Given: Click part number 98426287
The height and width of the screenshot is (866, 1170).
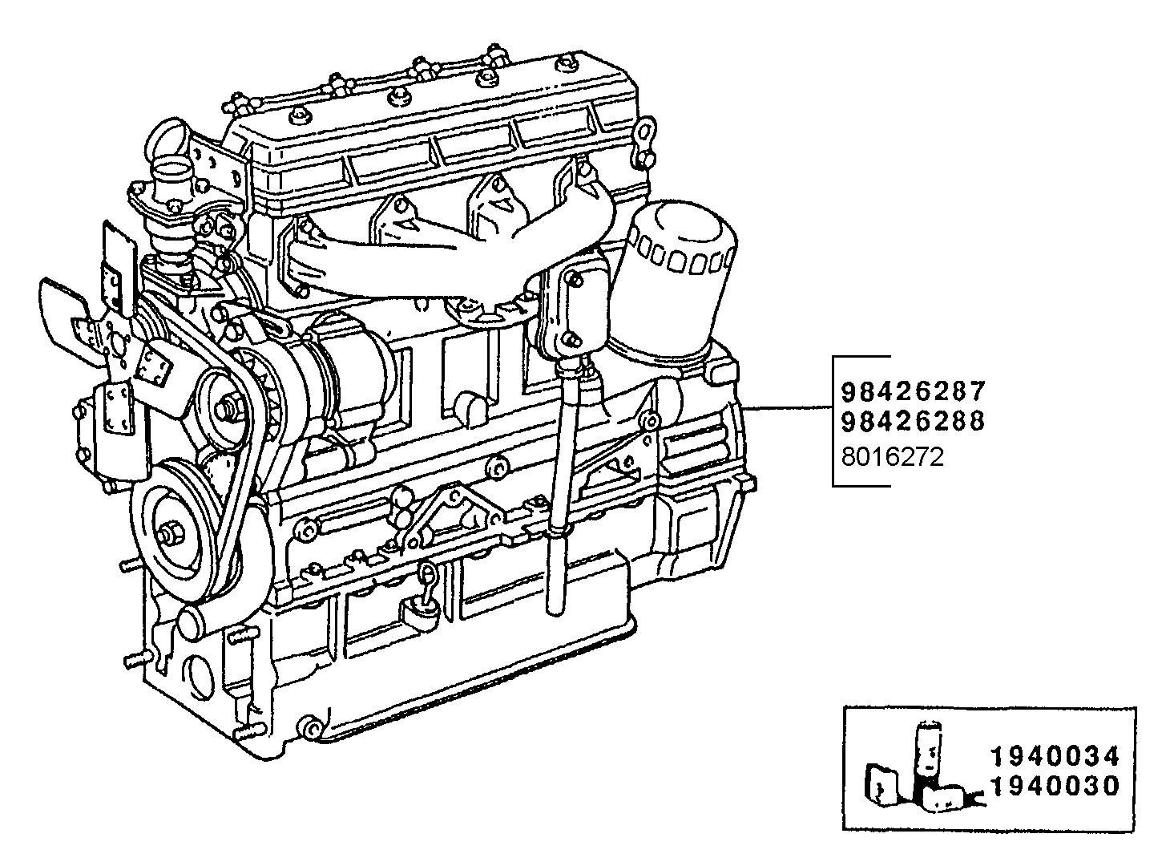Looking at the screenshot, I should [912, 391].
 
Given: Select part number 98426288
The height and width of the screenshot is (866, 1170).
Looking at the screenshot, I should [912, 422].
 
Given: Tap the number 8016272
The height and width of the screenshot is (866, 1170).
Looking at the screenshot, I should [892, 457].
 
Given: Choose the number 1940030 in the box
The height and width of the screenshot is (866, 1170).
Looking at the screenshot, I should [1054, 787].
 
